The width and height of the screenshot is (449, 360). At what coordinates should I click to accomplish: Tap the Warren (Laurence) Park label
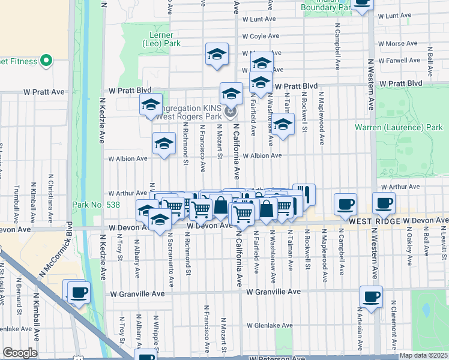(406, 128)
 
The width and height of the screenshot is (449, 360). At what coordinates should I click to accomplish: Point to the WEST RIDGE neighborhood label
(379, 221)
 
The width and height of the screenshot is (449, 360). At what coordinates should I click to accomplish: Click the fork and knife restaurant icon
(304, 194)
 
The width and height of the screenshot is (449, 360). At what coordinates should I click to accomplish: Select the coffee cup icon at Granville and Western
(371, 296)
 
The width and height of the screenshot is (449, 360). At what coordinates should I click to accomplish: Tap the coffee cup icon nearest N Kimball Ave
(79, 292)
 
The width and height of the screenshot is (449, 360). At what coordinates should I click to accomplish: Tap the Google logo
(20, 353)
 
